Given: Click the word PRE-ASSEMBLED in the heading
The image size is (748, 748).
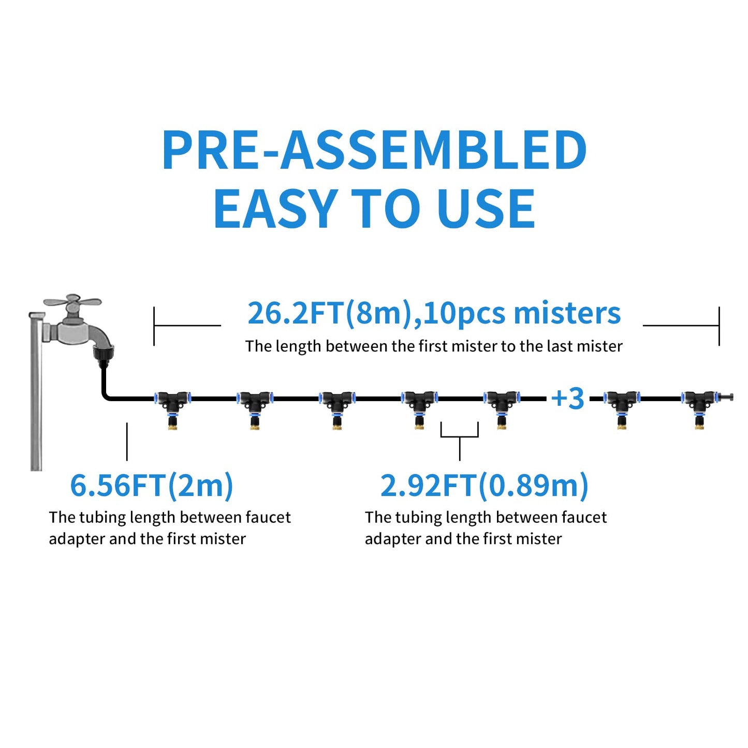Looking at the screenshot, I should click(x=374, y=150).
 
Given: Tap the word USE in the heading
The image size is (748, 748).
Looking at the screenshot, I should click(x=486, y=209).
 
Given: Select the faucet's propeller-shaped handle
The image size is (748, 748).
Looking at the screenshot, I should click(x=72, y=303).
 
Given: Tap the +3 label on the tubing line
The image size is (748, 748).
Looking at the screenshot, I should click(x=567, y=399).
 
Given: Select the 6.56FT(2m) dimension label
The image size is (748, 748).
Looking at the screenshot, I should click(x=151, y=486).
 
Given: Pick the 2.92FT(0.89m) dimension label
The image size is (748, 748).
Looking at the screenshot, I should click(x=484, y=486).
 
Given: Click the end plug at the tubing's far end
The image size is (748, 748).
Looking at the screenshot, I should click(x=727, y=398).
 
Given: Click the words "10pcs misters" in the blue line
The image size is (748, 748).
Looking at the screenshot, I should click(x=522, y=314).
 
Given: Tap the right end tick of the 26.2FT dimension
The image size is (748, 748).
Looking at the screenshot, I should click(x=718, y=326).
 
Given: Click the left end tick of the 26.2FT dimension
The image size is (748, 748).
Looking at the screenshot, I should click(x=154, y=326).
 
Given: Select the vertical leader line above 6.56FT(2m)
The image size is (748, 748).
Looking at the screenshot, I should click(x=127, y=441).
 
